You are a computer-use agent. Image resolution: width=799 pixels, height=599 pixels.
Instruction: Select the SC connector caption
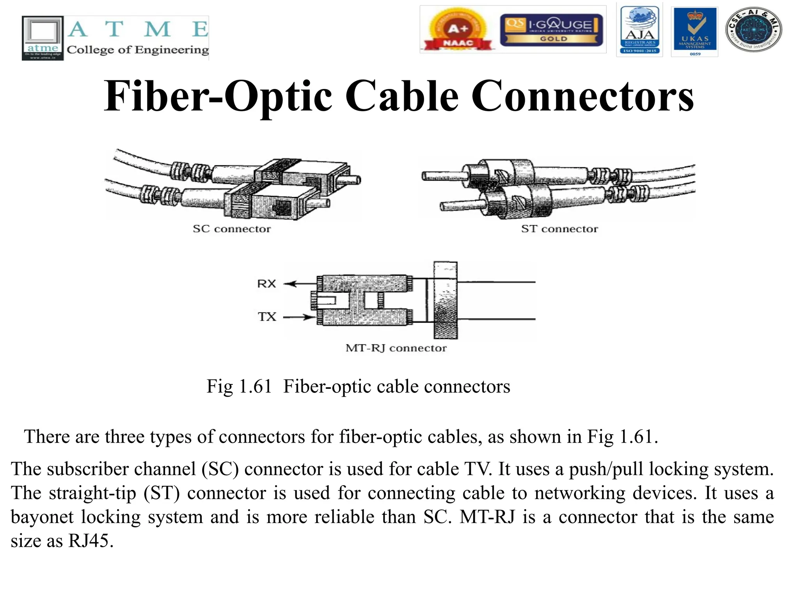(232, 229)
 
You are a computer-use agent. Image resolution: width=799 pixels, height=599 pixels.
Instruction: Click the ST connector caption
(559, 229)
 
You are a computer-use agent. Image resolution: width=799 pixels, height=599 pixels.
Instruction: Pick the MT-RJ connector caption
(396, 348)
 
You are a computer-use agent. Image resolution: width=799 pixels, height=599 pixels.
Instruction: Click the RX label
(266, 284)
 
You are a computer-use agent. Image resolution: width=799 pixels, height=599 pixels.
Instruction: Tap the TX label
(267, 317)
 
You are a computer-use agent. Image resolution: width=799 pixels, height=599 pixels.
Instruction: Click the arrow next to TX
(299, 317)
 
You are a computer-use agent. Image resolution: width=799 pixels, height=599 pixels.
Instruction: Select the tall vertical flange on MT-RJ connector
(445, 300)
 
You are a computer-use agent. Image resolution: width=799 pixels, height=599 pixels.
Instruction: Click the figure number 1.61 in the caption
(255, 387)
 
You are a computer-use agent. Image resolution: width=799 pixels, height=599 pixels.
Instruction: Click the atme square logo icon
(43, 38)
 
